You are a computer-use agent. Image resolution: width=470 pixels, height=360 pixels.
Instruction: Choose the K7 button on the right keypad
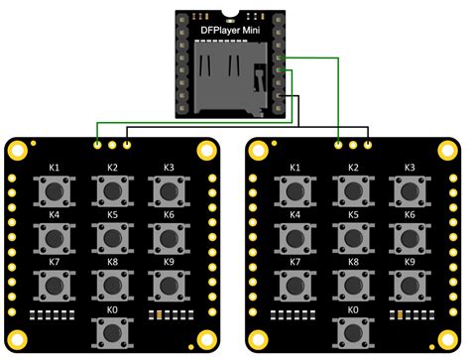(294, 285)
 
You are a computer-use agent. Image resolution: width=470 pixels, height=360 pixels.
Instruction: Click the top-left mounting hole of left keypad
(18, 150)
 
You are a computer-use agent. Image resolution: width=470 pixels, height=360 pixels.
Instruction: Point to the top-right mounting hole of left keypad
(205, 150)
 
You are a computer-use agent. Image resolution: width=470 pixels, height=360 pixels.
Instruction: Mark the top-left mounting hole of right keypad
(259, 150)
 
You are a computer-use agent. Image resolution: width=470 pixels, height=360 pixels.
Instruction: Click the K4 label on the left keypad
(54, 215)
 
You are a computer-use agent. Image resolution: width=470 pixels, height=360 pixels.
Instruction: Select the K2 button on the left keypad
(111, 189)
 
